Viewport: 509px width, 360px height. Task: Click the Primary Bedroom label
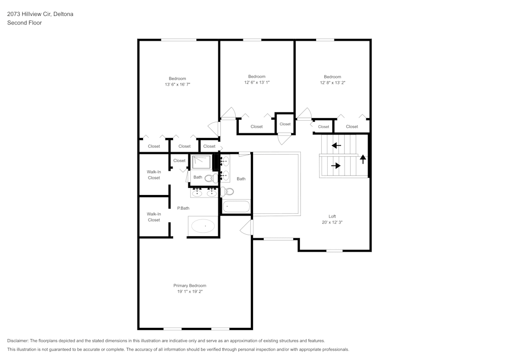pyautogui.click(x=189, y=286)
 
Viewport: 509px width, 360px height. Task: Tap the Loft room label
pyautogui.click(x=332, y=216)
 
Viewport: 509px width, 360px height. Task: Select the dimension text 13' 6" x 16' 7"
pyautogui.click(x=177, y=85)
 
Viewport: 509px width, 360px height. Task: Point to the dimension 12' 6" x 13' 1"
pyautogui.click(x=257, y=82)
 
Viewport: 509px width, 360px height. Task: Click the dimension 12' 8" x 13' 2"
pyautogui.click(x=332, y=83)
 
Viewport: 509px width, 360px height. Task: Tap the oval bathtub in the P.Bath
pyautogui.click(x=203, y=226)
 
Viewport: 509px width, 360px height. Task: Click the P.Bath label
pyautogui.click(x=183, y=208)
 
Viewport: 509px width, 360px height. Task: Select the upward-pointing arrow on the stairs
pyautogui.click(x=363, y=159)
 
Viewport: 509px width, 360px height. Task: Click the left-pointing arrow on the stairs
pyautogui.click(x=336, y=146)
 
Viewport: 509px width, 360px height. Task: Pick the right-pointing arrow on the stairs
pyautogui.click(x=335, y=165)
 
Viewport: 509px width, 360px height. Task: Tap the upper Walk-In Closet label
pyautogui.click(x=154, y=175)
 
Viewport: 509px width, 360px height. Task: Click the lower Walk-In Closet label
pyautogui.click(x=154, y=217)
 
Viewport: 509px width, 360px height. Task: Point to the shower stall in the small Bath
pyautogui.click(x=201, y=161)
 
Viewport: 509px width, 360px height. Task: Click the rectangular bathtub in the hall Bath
pyautogui.click(x=236, y=207)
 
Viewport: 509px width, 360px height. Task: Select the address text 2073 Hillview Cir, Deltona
pyautogui.click(x=40, y=14)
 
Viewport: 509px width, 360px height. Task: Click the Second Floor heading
pyautogui.click(x=24, y=23)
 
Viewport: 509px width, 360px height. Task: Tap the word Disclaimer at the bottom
pyautogui.click(x=18, y=341)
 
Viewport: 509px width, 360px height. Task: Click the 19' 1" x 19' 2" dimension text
pyautogui.click(x=189, y=291)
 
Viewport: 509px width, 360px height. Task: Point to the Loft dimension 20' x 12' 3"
pyautogui.click(x=332, y=223)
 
